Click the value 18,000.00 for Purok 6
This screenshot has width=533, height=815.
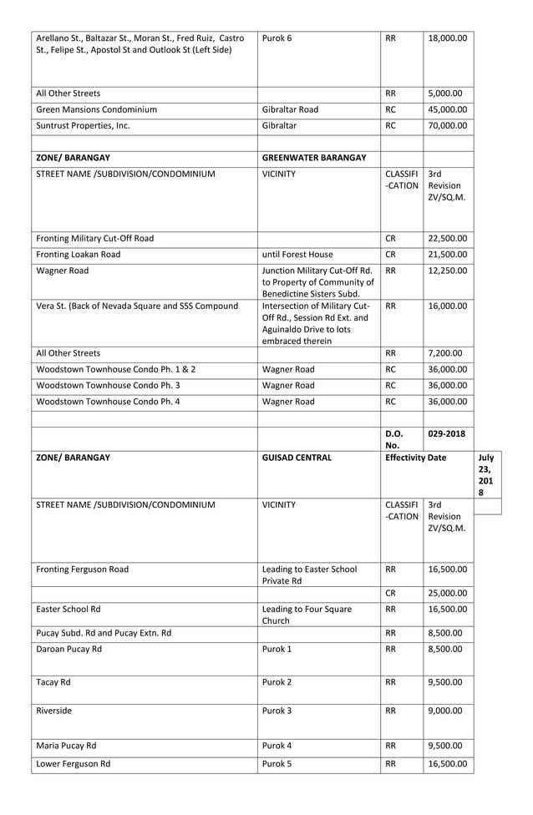click(x=449, y=38)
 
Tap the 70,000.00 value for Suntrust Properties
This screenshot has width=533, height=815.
click(x=449, y=126)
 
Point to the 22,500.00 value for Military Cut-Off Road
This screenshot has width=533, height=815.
click(x=449, y=238)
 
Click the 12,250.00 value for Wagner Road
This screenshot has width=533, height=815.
click(x=449, y=271)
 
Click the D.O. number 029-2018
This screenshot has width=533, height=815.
click(x=447, y=433)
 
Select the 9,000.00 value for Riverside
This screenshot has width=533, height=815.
click(x=449, y=711)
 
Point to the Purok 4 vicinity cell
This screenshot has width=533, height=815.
click(x=278, y=745)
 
